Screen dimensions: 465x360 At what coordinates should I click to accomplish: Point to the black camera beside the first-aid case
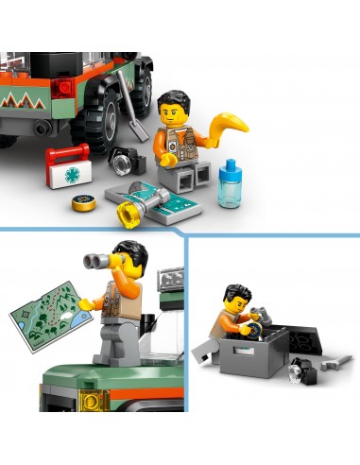tap(124, 160)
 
